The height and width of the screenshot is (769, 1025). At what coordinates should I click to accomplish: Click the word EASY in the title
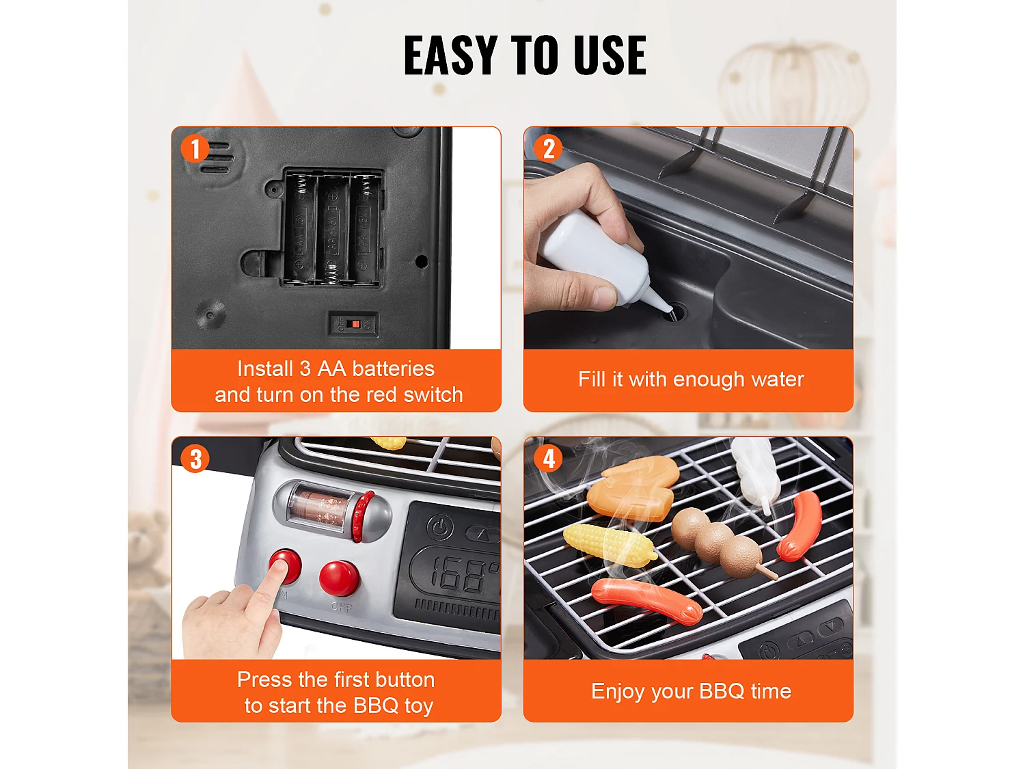[450, 55]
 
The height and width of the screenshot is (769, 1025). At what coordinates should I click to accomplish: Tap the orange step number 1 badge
[195, 148]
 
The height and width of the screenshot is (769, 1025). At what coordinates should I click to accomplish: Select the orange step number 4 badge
[548, 459]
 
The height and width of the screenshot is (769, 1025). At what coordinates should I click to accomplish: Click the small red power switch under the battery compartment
[353, 324]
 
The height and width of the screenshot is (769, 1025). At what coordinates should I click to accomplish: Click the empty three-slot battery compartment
[332, 228]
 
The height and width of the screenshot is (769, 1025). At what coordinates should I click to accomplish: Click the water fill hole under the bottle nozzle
[673, 313]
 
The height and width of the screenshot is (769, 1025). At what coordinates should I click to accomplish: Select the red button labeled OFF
[339, 577]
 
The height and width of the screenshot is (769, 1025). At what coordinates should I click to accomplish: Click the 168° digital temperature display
[458, 574]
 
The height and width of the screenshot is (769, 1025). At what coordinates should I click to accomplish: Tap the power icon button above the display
[441, 527]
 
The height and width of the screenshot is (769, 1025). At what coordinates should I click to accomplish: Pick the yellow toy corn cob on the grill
[607, 545]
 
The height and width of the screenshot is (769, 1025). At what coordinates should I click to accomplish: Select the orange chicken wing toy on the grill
[632, 488]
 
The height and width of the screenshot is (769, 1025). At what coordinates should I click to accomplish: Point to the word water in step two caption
[777, 379]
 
